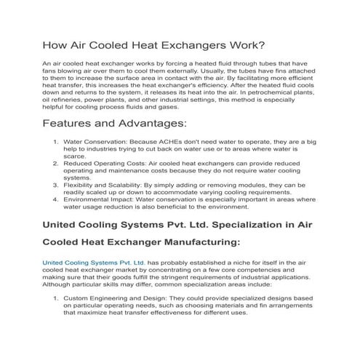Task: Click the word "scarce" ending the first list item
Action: point(75,157)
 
